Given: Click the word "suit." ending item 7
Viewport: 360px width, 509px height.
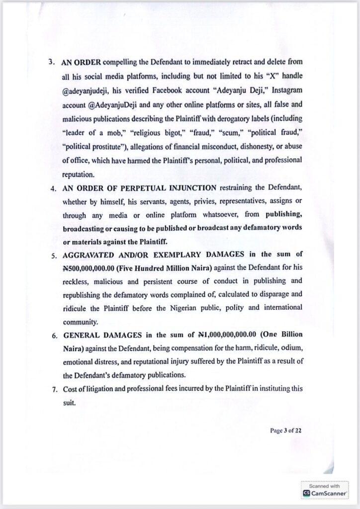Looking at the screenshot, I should click(x=69, y=403).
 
